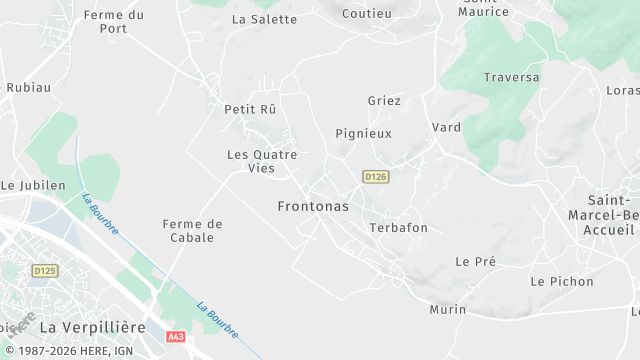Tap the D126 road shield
(x=375, y=177)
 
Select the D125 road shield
(x=45, y=270)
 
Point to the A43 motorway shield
(x=177, y=337)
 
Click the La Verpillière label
(x=92, y=327)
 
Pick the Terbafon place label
(x=398, y=228)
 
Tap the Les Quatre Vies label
(x=262, y=161)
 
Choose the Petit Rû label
(x=250, y=109)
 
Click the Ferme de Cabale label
(x=192, y=230)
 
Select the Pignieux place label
(x=363, y=133)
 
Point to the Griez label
(x=384, y=101)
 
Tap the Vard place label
(x=446, y=128)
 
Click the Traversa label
(x=511, y=77)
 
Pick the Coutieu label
(x=367, y=13)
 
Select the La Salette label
(x=265, y=19)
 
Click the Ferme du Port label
(x=114, y=21)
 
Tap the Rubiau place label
(x=28, y=88)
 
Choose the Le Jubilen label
(x=33, y=185)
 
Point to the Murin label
(x=447, y=310)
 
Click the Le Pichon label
(x=562, y=282)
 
